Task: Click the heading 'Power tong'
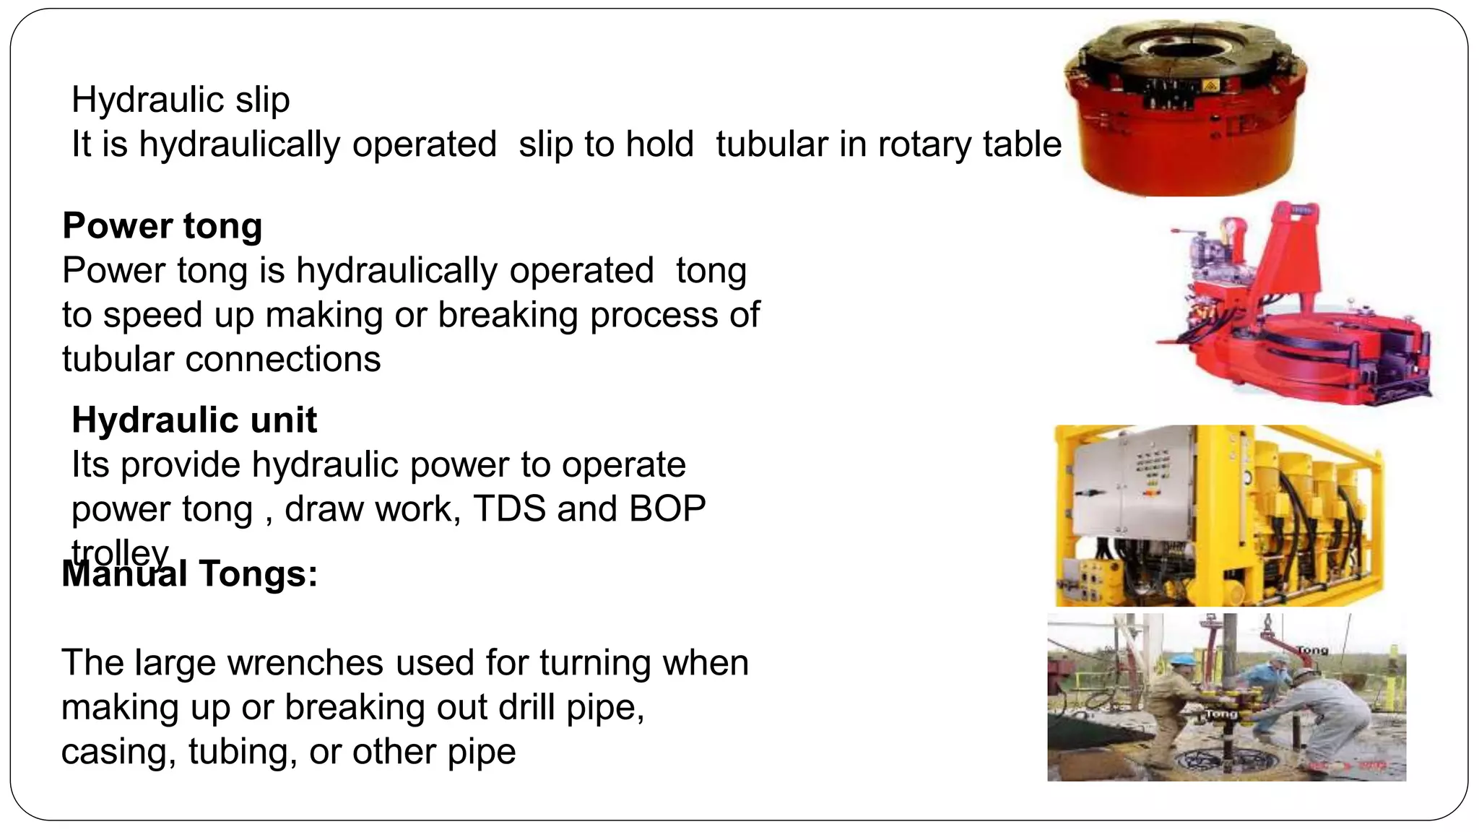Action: click(162, 225)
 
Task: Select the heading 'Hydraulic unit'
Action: click(194, 420)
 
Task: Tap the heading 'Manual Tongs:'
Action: click(190, 574)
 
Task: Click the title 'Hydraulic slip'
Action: click(181, 100)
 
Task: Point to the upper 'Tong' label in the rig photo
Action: click(1312, 650)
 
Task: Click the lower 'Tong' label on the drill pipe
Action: click(1221, 714)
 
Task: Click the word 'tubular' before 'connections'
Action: click(118, 360)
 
